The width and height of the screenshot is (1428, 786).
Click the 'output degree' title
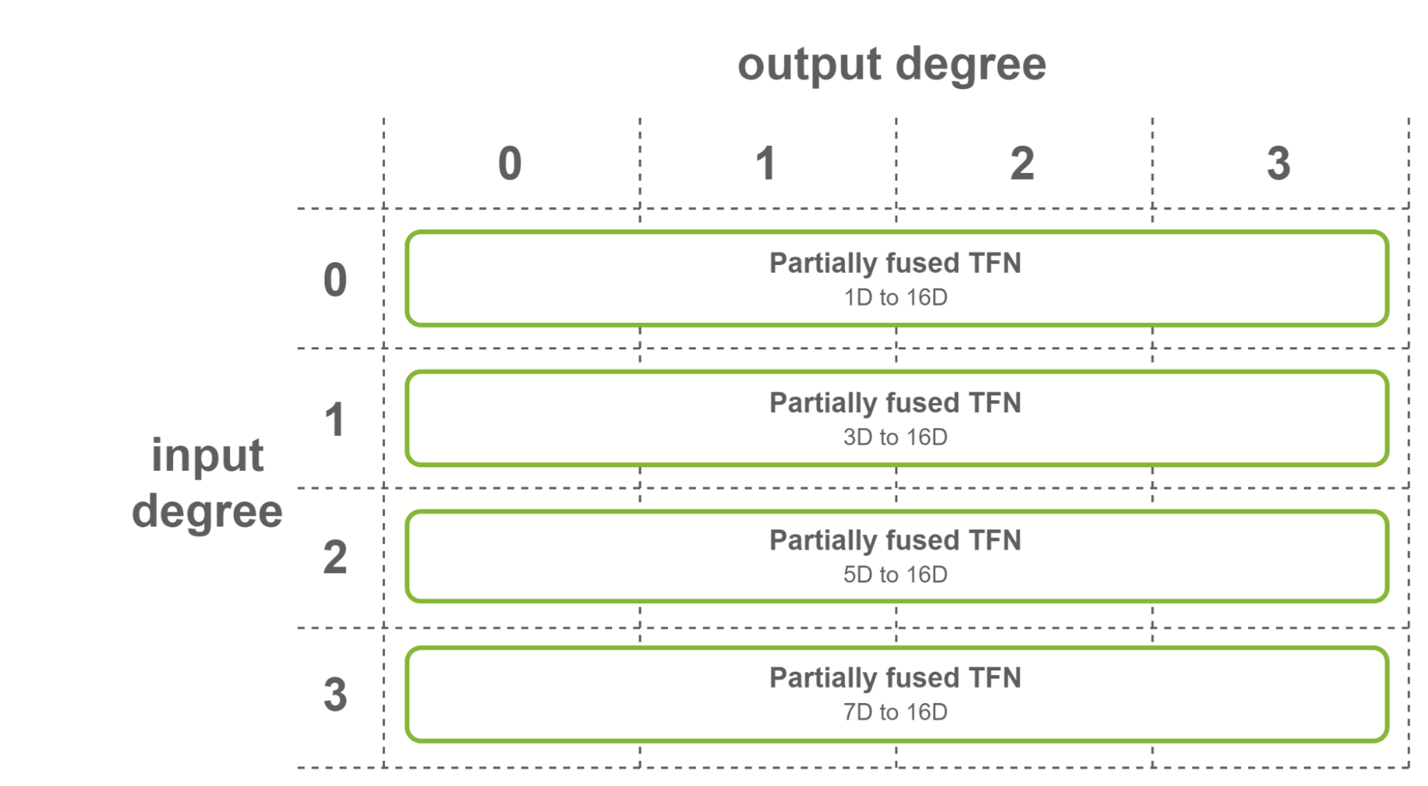(892, 64)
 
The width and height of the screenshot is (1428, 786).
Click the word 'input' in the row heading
(207, 455)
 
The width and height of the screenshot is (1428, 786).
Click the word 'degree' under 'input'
(207, 512)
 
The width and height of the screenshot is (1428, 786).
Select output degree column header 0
(510, 163)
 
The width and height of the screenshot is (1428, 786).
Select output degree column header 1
(766, 163)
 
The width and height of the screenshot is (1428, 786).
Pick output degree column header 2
(1022, 163)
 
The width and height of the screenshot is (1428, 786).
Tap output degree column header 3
(1279, 163)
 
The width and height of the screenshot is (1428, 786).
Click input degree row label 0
(335, 279)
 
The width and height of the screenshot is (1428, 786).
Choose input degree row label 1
(335, 419)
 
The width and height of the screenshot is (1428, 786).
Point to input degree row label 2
(335, 557)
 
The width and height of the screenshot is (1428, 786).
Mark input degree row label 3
(335, 695)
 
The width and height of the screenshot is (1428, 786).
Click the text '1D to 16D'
(895, 297)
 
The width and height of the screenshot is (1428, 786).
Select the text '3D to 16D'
(895, 437)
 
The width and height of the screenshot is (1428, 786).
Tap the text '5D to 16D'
(895, 574)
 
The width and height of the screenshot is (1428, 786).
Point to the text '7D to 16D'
(895, 712)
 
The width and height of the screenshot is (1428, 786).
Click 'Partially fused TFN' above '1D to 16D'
(895, 263)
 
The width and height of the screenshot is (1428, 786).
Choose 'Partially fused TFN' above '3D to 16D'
(895, 403)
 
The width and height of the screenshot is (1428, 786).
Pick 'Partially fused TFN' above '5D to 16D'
(895, 540)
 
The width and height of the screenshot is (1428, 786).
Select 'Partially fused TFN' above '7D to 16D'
(895, 677)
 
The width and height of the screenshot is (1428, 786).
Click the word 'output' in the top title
(809, 64)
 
